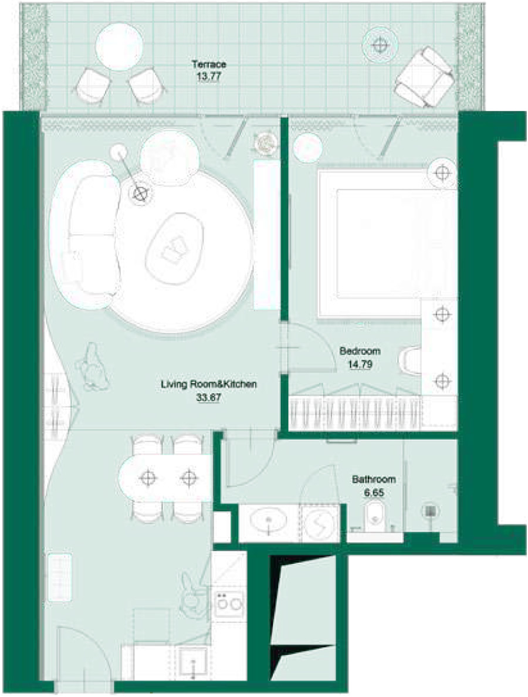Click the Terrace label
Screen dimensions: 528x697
209,64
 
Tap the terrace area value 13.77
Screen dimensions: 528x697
208,76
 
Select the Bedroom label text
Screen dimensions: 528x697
360,351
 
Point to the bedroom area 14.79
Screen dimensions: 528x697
360,364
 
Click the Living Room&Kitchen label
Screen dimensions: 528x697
208,384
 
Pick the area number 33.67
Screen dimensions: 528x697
208,397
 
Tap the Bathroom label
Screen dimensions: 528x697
374,480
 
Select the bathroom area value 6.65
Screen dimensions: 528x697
374,493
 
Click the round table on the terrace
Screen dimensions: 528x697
119,47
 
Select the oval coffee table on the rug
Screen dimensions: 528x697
175,248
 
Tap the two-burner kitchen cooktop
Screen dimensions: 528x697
229,603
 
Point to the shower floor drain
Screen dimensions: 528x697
430,511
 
